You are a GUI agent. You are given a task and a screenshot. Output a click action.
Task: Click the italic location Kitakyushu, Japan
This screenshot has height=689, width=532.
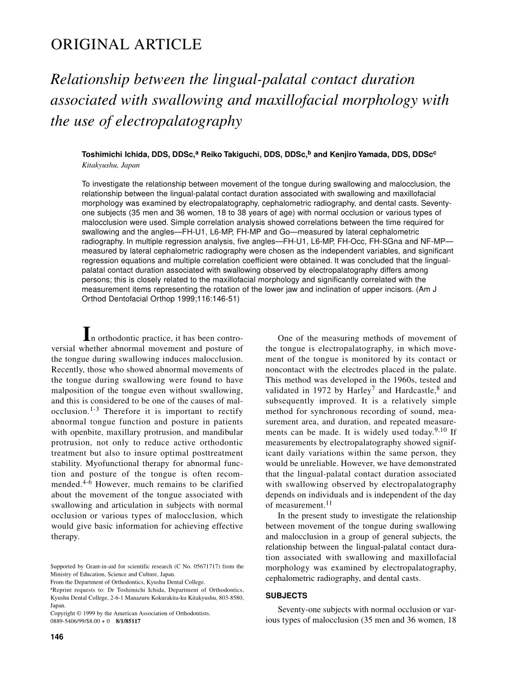click(x=110, y=165)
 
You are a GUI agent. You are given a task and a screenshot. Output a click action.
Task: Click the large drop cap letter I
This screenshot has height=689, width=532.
click(x=86, y=334)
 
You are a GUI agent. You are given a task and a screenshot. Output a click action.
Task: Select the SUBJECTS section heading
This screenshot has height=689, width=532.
click(x=286, y=595)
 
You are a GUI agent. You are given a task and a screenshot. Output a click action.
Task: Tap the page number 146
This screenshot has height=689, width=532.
click(x=57, y=637)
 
